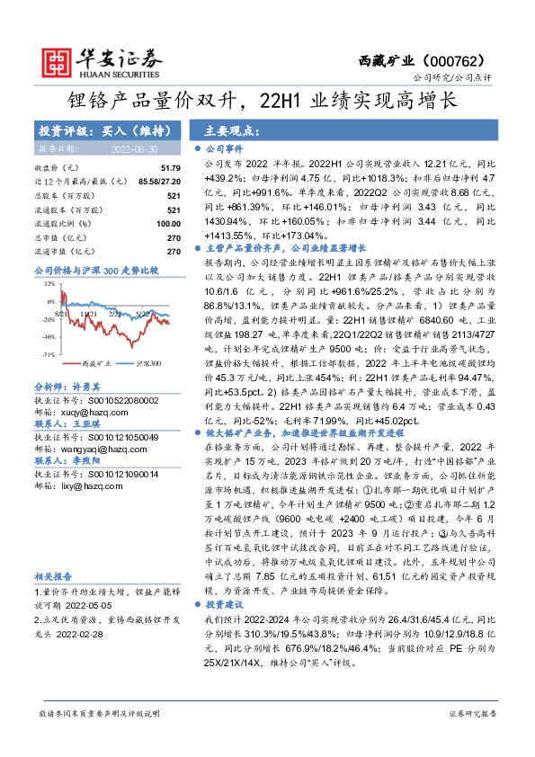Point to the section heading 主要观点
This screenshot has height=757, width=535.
click(222, 129)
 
